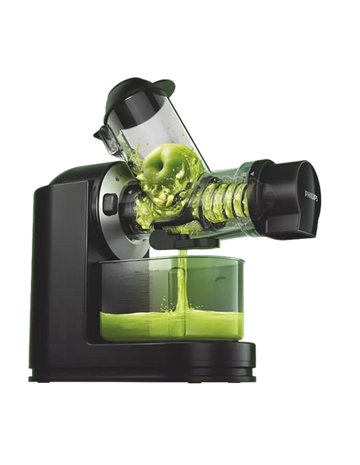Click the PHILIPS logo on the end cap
(x=311, y=195)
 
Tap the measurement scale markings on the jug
(x=144, y=296)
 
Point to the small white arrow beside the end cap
(x=252, y=174)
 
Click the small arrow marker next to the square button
(x=130, y=193)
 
